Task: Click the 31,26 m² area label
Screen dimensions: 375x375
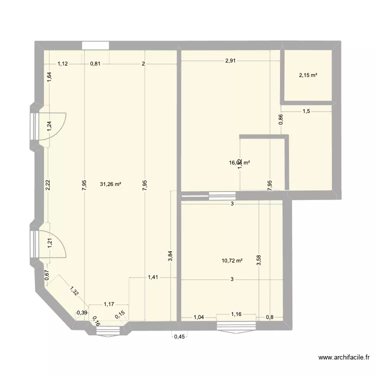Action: pos(110,184)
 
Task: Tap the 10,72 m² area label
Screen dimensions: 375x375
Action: pos(231,260)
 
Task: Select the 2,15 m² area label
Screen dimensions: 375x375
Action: pos(308,75)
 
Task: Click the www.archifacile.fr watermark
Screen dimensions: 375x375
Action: pos(344,357)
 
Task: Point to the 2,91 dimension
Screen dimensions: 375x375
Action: pos(230,61)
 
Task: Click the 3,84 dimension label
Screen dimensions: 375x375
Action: pos(170,254)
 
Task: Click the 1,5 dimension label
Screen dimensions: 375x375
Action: pos(306,111)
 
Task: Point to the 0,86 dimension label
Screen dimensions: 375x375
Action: pos(280,119)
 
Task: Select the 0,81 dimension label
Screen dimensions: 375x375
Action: pos(95,63)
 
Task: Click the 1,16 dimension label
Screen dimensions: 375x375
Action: pos(236,314)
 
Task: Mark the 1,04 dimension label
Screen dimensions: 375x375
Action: pos(198,317)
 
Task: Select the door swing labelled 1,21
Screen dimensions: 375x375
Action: pos(50,243)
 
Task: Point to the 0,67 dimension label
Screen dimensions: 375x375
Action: pos(46,274)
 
